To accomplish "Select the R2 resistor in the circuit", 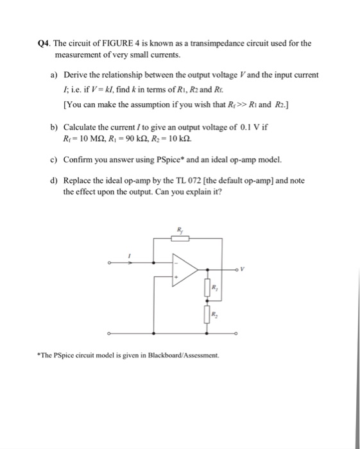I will point(207,315).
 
